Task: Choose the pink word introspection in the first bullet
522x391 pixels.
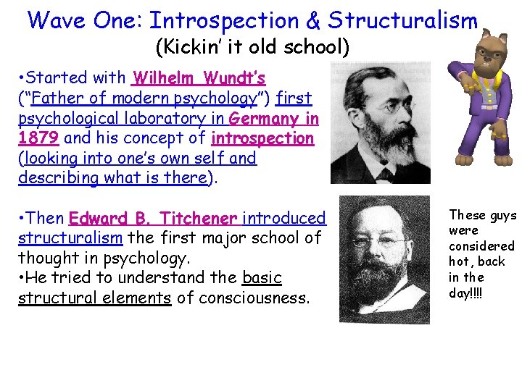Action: (x=262, y=138)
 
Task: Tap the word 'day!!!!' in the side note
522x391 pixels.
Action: (x=467, y=293)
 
